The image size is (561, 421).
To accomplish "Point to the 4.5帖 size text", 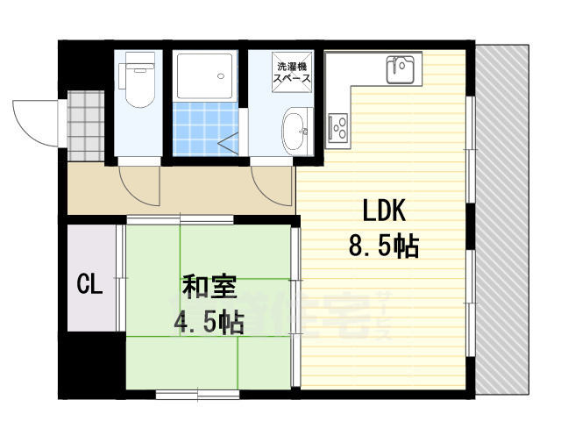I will point(208,323).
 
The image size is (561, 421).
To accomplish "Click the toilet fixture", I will point(138,82).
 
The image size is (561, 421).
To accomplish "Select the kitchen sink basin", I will point(403,67).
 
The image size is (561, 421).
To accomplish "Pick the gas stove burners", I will point(337,128).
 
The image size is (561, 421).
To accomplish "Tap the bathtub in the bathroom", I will point(203,76).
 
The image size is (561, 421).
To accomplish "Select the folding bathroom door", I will point(231,146).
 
